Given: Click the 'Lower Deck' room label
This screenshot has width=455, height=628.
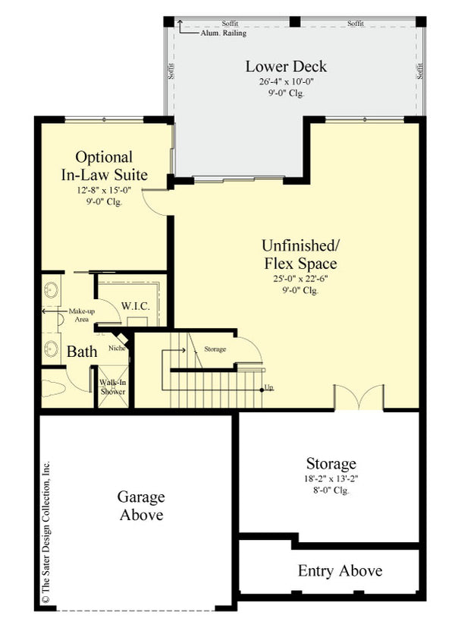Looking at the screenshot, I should (x=275, y=66).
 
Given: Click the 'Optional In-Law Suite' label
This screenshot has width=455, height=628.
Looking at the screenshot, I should (x=104, y=166).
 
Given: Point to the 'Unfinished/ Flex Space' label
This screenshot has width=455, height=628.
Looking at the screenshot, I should (x=300, y=254).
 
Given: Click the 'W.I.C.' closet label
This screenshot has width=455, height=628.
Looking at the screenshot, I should (x=135, y=305).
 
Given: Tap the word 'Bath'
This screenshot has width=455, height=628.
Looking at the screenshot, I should (x=82, y=352).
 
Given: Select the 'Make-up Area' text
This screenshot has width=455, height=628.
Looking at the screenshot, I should (x=80, y=315).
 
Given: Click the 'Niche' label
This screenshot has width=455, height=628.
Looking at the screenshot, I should (x=117, y=349).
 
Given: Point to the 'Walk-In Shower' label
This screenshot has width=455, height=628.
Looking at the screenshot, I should (x=112, y=387).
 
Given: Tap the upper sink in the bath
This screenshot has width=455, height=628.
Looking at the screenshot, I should (x=52, y=289).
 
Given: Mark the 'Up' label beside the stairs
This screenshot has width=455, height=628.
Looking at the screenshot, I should (x=268, y=388).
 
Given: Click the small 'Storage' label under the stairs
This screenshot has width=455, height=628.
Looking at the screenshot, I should (x=215, y=349).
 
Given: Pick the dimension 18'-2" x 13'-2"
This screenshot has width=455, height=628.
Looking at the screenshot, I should (x=331, y=479).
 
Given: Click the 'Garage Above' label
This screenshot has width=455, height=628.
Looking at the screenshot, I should (x=140, y=506).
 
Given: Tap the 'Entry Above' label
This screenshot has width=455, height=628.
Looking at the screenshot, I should (x=339, y=570).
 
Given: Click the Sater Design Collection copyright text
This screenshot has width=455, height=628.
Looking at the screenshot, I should (x=45, y=532).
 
